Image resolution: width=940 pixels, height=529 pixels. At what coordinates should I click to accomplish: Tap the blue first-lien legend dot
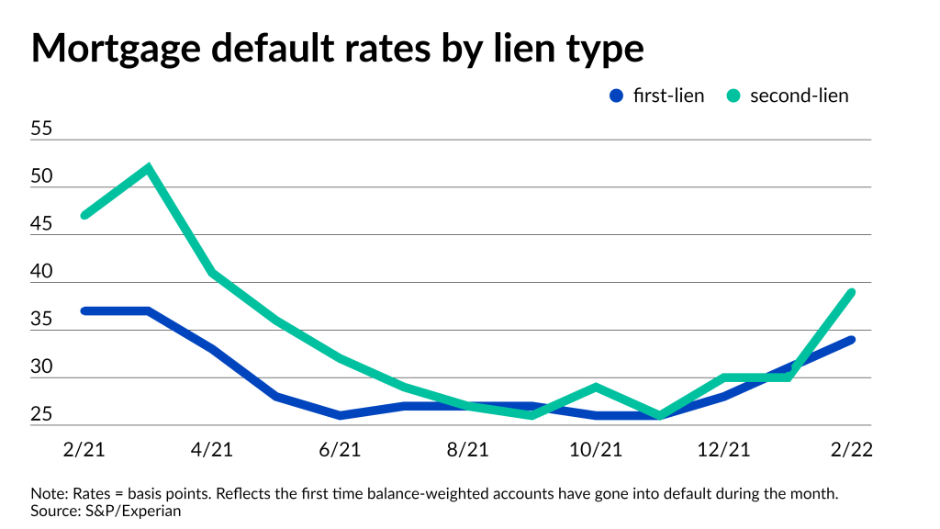617,96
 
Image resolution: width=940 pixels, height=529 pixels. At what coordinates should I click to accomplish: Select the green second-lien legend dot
734,96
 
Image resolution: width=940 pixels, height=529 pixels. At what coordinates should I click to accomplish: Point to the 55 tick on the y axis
42,129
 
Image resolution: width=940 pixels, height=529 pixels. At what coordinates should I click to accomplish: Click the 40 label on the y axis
42,273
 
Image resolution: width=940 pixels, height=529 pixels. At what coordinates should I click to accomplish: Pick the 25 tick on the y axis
42,416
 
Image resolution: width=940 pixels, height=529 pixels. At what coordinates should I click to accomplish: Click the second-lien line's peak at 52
148,168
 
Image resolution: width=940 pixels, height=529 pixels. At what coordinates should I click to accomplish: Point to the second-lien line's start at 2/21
84,216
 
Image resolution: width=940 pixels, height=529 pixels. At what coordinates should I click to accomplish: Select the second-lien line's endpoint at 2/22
852,292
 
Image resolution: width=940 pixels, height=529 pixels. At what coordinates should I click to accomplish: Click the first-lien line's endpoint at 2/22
852,340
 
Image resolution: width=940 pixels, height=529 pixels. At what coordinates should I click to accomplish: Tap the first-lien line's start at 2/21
84,311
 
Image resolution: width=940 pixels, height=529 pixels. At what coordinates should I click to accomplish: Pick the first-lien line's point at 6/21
340,416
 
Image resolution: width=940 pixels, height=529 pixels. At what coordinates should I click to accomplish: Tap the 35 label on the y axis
42,321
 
